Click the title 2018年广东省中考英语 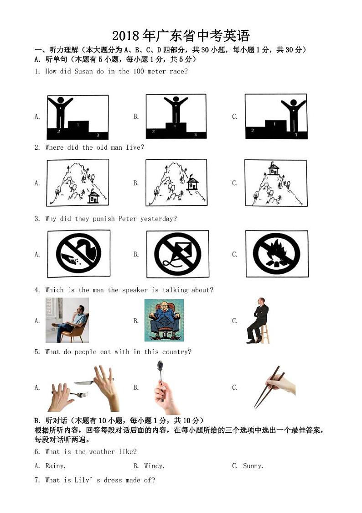point(181,36)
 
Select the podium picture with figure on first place point(176,117)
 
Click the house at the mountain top point(274,169)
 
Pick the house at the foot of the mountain point(93,197)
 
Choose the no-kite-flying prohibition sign point(177,254)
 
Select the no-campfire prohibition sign point(276,254)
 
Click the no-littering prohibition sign point(78,254)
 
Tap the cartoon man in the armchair point(164,320)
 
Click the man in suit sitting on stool point(258,320)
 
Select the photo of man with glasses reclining point(67,320)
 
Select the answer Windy point(155,466)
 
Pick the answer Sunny point(253,466)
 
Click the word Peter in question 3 point(127,219)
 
